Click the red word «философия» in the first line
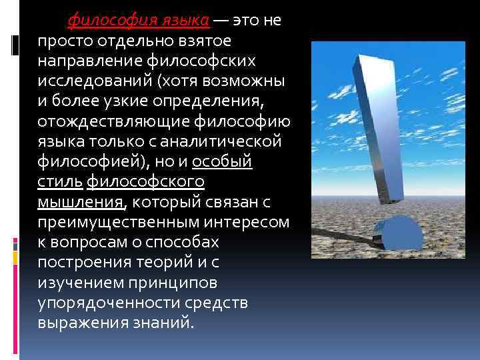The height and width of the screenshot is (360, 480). [x=109, y=20]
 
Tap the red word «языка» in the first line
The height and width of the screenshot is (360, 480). [x=183, y=20]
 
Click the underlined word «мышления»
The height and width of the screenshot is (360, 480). [x=80, y=202]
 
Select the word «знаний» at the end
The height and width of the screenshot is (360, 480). [x=168, y=323]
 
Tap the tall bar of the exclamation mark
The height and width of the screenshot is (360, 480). [x=381, y=127]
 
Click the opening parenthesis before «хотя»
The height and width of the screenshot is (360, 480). [x=157, y=81]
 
